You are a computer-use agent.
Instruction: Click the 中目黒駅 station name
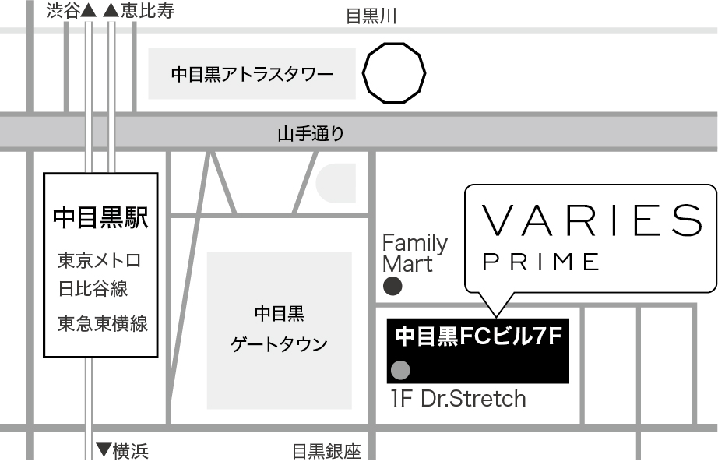tap(100, 217)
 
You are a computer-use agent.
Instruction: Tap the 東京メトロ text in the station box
tap(100, 260)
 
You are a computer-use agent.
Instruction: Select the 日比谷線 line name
tap(93, 289)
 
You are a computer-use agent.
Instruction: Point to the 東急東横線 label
tap(103, 323)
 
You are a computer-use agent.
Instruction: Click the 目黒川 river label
tap(371, 16)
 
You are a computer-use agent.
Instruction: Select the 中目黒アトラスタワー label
tap(252, 74)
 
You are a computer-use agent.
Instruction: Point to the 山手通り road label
tap(311, 133)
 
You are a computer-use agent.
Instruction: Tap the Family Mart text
tap(415, 253)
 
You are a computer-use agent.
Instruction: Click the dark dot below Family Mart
tap(392, 287)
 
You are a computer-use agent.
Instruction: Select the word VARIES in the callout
tap(592, 220)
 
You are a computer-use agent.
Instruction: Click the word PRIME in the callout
tap(540, 262)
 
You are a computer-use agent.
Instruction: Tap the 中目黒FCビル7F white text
tap(478, 336)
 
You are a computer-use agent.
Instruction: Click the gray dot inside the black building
tap(401, 370)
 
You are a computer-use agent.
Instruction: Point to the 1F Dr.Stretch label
tap(459, 399)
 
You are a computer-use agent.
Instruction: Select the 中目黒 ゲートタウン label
tap(279, 329)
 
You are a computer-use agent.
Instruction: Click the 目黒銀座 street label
tap(326, 452)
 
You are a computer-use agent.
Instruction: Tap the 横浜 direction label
tap(122, 451)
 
